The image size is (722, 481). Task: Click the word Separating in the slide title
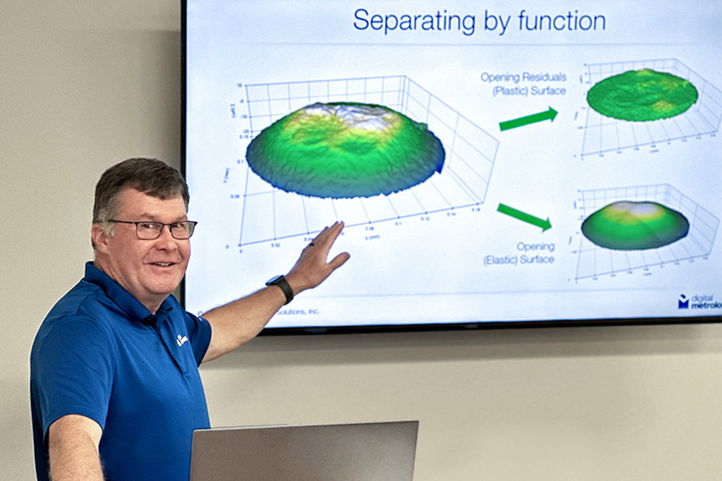(407, 21)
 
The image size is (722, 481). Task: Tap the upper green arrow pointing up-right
(529, 119)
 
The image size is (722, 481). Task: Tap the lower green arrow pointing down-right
(524, 216)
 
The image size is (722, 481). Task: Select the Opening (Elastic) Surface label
(520, 253)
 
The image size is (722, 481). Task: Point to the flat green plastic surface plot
(642, 94)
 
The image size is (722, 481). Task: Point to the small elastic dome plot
(635, 225)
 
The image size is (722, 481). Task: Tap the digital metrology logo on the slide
(699, 301)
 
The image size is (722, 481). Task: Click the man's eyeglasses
(155, 229)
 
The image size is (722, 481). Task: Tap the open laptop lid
(303, 451)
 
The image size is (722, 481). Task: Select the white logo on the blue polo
(182, 339)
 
